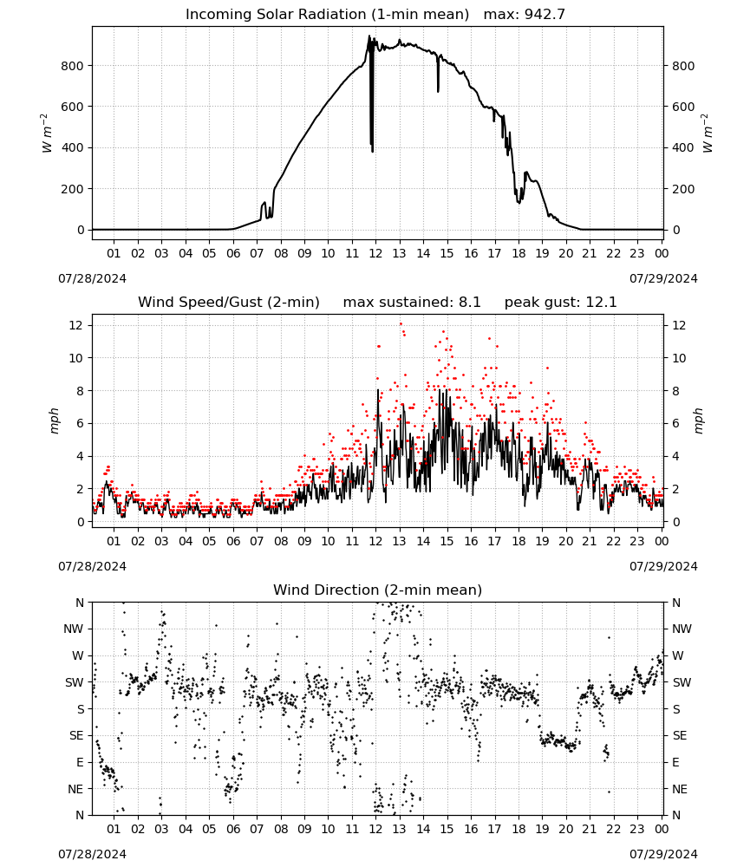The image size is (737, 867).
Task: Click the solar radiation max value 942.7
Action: [x=545, y=14]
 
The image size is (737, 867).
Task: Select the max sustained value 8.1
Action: [x=469, y=302]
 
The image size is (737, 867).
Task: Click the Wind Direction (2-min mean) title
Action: [x=378, y=590]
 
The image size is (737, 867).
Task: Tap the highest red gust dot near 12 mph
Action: [x=401, y=324]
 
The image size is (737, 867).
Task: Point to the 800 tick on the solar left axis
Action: [x=73, y=66]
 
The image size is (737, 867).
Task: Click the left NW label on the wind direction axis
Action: [x=74, y=629]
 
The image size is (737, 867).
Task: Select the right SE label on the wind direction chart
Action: [x=680, y=735]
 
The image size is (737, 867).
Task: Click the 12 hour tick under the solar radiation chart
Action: [x=375, y=253]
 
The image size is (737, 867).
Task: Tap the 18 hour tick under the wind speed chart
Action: [x=519, y=541]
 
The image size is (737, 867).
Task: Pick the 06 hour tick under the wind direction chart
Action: [x=233, y=829]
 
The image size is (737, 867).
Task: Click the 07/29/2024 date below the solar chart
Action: [x=663, y=278]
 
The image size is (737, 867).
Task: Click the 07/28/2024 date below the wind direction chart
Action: [x=92, y=854]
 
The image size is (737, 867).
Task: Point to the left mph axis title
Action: [x=54, y=420]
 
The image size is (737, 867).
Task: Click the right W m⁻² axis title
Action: [x=708, y=134]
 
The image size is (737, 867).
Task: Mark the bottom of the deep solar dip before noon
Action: [x=373, y=151]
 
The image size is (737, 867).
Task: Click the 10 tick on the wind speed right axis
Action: [x=679, y=358]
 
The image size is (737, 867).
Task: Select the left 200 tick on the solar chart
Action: [x=73, y=188]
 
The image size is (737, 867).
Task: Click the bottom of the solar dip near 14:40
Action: [x=439, y=91]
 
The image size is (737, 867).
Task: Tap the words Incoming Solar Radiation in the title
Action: [x=276, y=14]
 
